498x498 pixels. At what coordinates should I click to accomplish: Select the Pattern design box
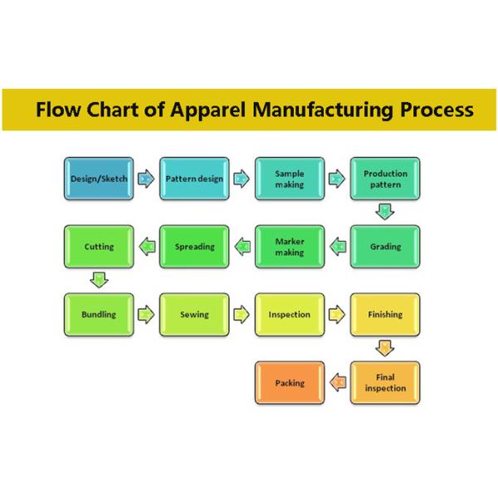click(194, 178)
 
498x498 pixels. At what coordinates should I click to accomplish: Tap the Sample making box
click(290, 178)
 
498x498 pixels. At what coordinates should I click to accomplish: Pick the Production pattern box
click(385, 178)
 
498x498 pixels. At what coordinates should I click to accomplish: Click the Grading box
click(385, 247)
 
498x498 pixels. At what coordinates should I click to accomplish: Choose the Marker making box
click(290, 247)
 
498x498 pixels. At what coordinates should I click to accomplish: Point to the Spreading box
click(194, 247)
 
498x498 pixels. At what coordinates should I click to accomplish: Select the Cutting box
click(99, 247)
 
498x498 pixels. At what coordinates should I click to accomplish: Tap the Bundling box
click(99, 315)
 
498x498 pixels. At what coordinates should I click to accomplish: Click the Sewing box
click(194, 315)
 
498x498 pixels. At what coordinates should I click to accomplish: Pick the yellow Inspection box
click(290, 315)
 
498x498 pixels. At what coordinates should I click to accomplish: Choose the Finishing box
click(385, 315)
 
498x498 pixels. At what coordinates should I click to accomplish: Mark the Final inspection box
click(385, 383)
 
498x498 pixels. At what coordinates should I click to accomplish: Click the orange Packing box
click(290, 383)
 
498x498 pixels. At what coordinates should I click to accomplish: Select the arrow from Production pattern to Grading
click(384, 212)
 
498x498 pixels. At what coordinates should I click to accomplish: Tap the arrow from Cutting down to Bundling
click(99, 281)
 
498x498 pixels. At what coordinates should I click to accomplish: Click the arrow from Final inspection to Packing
click(338, 383)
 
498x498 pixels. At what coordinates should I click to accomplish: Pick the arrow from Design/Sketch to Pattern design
click(146, 178)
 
